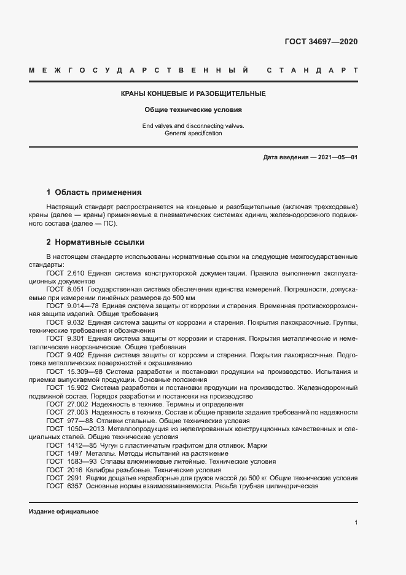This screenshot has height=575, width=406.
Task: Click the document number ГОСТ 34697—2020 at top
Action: tap(321, 42)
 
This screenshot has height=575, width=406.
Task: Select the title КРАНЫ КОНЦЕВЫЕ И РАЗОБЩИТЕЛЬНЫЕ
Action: tap(193, 94)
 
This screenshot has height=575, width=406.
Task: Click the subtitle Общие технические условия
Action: tap(193, 110)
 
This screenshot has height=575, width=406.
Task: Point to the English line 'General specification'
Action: tap(193, 133)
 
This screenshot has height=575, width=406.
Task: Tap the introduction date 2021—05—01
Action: tap(336, 157)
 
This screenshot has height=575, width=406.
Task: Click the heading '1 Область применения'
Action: tap(94, 192)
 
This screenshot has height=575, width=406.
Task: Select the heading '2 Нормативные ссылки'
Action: tap(95, 242)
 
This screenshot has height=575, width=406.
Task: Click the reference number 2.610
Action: tap(76, 272)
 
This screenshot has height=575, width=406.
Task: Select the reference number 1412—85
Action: tap(83, 445)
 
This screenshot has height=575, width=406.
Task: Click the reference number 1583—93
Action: tap(83, 461)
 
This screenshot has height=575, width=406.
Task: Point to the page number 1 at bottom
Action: tap(356, 522)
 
